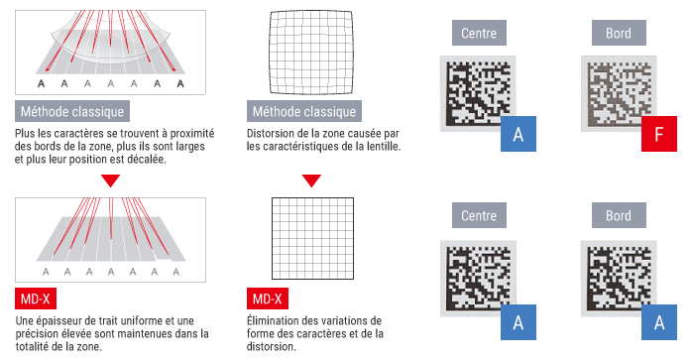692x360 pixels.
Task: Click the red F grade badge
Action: point(659,134)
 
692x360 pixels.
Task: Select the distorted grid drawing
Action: point(311,53)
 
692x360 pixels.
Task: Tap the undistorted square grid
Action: point(312,239)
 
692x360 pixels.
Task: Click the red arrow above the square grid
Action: point(311,180)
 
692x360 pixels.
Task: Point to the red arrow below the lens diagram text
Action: point(110,180)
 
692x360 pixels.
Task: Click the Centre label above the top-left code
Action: point(479,33)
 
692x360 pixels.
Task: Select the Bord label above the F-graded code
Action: point(619,33)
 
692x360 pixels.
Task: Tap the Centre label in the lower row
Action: point(479,215)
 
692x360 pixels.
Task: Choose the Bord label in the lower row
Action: point(619,215)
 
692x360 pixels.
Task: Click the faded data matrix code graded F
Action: point(619,93)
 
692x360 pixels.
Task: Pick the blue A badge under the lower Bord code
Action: point(659,322)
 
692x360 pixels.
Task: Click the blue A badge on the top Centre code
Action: point(519,134)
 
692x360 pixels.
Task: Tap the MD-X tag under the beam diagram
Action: point(36,299)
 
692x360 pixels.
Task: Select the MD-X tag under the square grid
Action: point(268,299)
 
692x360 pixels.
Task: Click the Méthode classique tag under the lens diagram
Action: point(72,111)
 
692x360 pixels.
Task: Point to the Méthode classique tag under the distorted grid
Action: point(304,111)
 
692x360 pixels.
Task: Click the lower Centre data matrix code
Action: point(479,279)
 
